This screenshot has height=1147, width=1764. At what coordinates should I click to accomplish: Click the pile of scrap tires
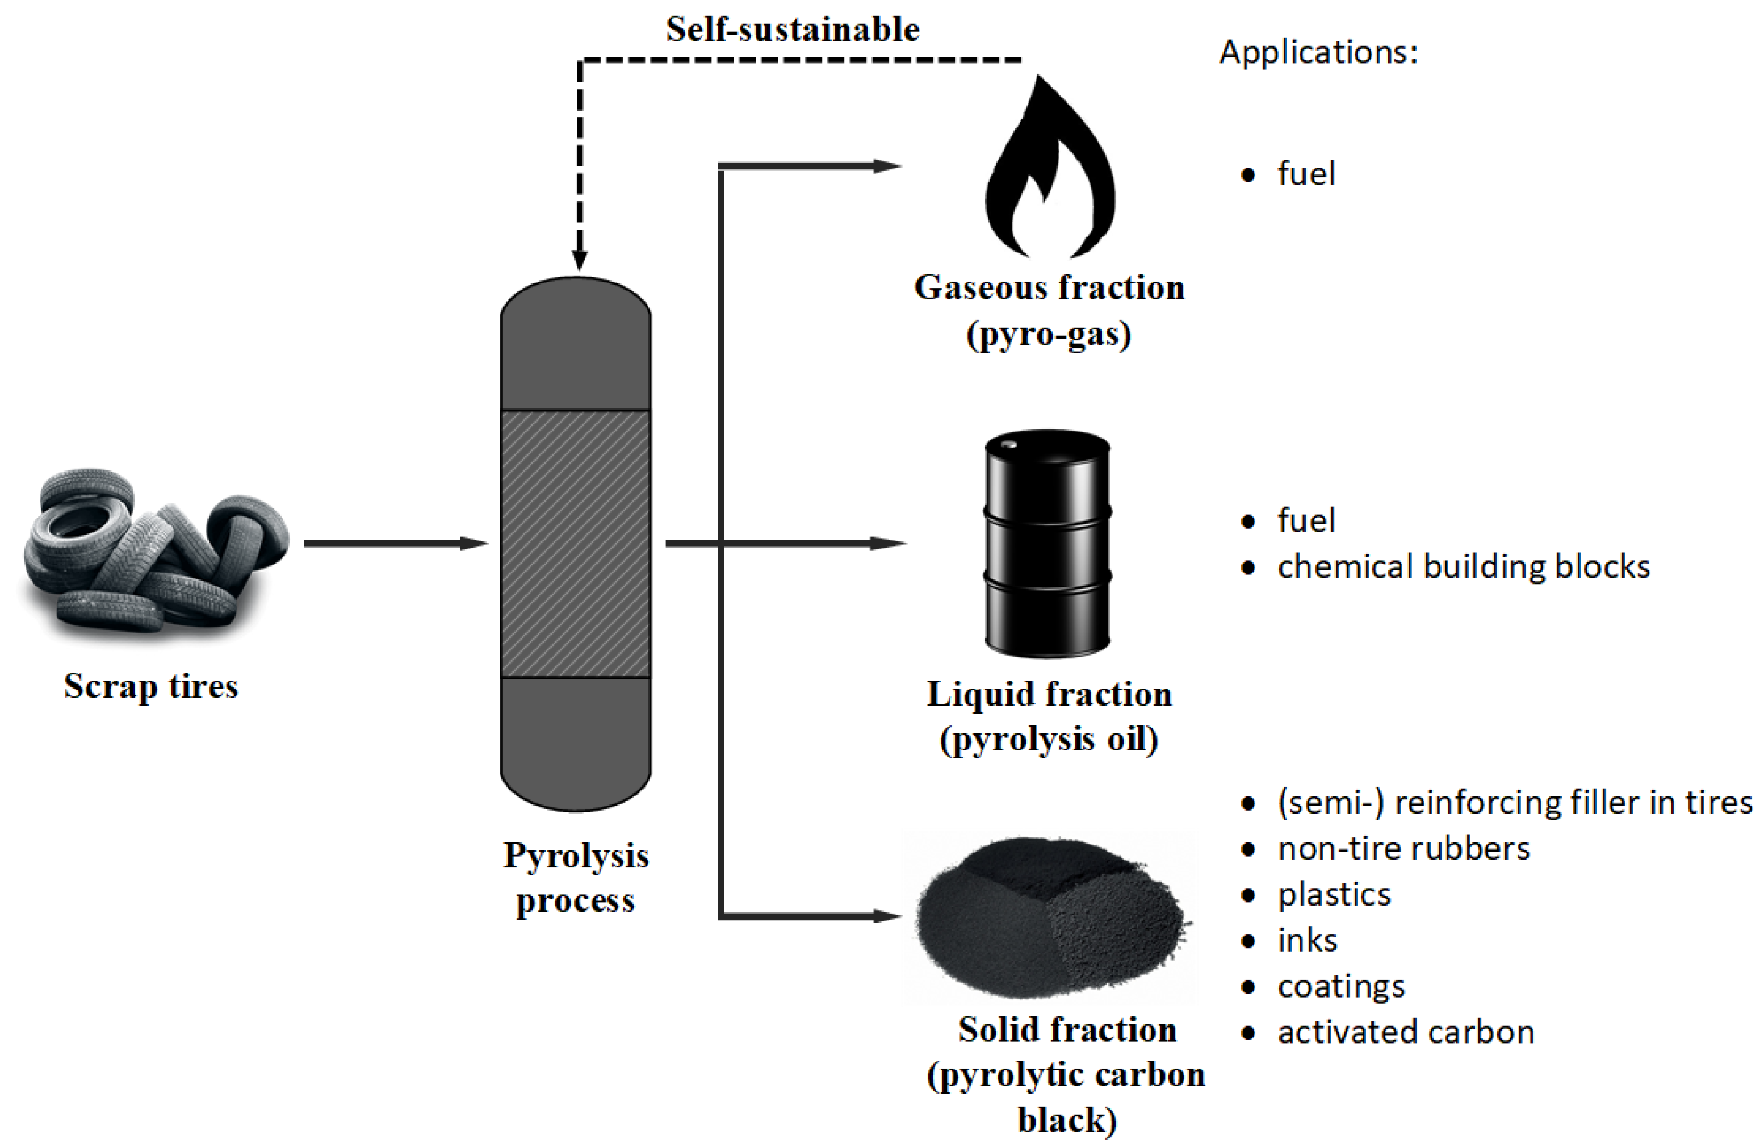[152, 552]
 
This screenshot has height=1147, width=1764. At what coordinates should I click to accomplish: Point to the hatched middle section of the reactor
[576, 544]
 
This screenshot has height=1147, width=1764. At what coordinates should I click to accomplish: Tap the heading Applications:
[1318, 52]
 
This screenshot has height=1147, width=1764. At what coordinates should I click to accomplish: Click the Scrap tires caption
[150, 686]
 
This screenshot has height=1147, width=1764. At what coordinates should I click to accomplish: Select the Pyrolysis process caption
[576, 878]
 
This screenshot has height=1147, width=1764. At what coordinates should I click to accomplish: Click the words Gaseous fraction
[1049, 287]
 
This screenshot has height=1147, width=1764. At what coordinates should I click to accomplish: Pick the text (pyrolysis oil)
[1049, 739]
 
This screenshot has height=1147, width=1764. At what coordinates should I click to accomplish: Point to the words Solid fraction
[1067, 1030]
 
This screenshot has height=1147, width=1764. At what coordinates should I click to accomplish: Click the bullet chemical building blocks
[1463, 567]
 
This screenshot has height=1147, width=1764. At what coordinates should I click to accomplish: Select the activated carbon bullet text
[1405, 1032]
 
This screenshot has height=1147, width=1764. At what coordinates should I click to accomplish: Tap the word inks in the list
[1307, 940]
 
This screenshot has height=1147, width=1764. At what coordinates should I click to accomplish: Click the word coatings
[1341, 986]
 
